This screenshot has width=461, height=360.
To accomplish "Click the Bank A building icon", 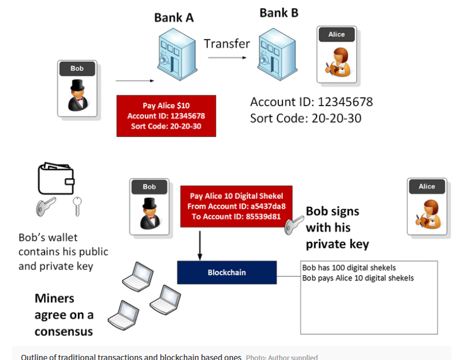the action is click(177, 54).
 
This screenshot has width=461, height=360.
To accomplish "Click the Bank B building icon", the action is click(277, 54).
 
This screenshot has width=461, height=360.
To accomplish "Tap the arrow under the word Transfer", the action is click(227, 58).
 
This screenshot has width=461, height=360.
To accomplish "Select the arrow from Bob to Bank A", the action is click(135, 81).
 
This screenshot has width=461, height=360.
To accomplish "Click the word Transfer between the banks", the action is click(227, 44).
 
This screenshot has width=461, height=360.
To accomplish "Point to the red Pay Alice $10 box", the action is click(166, 116).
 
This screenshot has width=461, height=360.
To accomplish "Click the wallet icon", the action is click(56, 178).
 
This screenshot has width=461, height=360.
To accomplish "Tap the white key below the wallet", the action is click(77, 206).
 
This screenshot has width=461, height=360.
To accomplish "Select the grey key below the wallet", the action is click(46, 207).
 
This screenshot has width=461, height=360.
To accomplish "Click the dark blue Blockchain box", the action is click(227, 272).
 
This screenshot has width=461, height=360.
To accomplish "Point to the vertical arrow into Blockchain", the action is click(200, 246).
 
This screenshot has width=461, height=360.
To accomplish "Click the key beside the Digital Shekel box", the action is click(294, 226).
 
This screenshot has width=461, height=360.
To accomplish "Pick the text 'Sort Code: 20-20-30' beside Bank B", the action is click(305, 118).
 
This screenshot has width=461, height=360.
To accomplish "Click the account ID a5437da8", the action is click(268, 206).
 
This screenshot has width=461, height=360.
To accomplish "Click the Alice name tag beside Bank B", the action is click(337, 34).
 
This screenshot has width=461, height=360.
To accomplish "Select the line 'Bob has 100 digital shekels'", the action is click(349, 268).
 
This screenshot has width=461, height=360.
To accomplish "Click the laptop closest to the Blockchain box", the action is click(166, 300).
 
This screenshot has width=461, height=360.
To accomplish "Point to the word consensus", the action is click(64, 332).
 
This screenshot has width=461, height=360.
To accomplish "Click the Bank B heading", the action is click(279, 13).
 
